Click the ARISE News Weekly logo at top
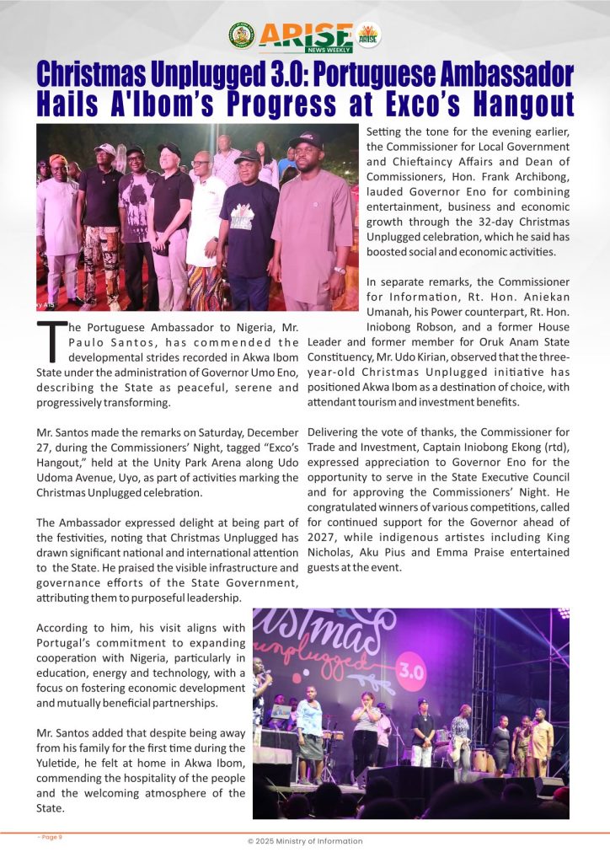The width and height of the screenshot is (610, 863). pos(305,35)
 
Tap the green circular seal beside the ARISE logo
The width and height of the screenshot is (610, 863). pos(241,35)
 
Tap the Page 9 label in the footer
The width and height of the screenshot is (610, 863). pos(50,837)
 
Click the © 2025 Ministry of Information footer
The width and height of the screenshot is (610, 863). pos(305,841)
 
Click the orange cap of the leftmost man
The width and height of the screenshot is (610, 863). pos(58,159)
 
